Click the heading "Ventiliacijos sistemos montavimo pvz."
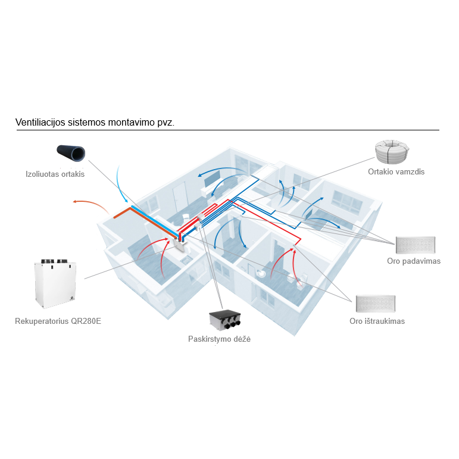[95, 122]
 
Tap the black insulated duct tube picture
[71, 153]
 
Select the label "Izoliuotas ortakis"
[55, 174]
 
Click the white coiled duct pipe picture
[392, 152]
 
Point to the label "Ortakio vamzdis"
[396, 171]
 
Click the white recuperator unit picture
[55, 283]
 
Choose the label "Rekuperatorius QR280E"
[58, 321]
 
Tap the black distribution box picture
[225, 320]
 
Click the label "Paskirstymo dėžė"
[219, 339]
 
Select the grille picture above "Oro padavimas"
[416, 245]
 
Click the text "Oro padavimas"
[414, 261]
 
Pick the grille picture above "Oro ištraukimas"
[376, 304]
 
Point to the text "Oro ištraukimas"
[377, 321]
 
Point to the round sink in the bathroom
[261, 273]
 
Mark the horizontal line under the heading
[228, 130]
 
